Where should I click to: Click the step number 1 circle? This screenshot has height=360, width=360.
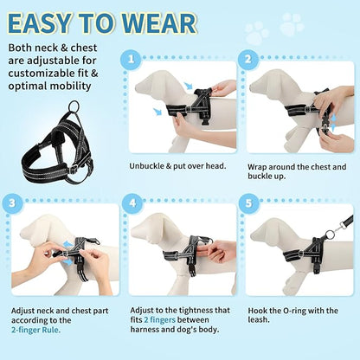(x=132, y=60)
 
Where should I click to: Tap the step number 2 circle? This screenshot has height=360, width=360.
(x=247, y=60)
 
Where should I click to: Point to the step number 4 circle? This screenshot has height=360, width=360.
(x=132, y=204)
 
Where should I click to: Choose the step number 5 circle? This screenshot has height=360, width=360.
(x=249, y=204)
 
